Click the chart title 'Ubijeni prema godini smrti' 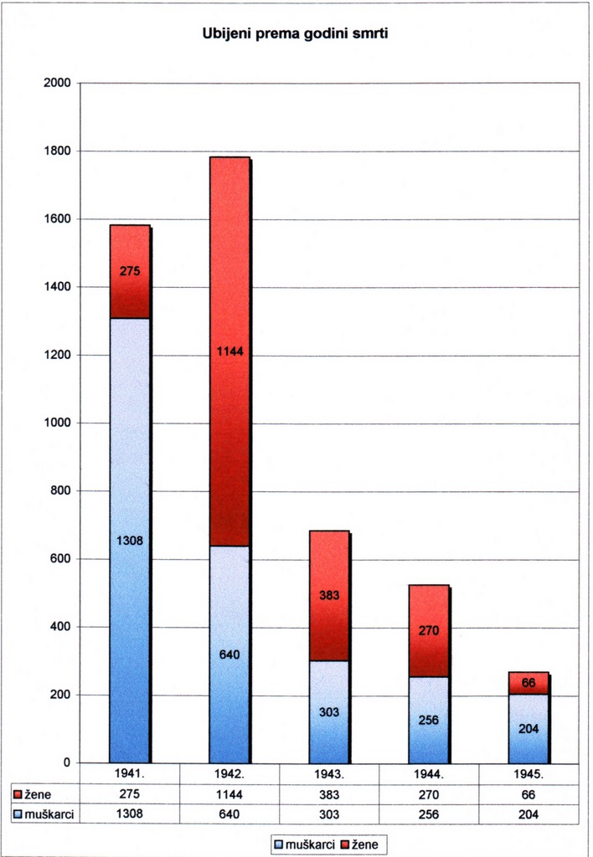coord(295,35)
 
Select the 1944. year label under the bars coord(429,774)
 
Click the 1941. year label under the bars coord(130,774)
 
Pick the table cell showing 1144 coord(229,794)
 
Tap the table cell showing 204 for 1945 coord(529,813)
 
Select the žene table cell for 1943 coord(329,794)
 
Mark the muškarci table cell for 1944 coord(429,813)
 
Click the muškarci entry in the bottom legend coord(304,844)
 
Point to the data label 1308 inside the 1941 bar coord(130,541)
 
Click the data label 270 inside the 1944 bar coord(429,631)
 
